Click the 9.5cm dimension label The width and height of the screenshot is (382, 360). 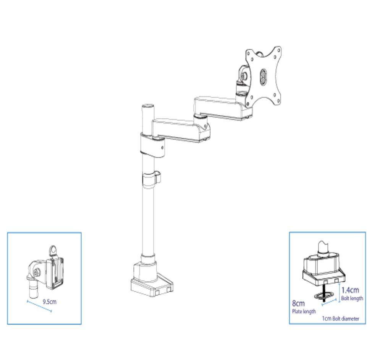tap(49, 302)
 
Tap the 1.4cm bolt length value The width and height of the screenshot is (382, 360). tap(350, 290)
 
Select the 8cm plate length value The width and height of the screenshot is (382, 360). tap(298, 303)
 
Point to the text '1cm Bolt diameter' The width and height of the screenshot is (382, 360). tap(341, 318)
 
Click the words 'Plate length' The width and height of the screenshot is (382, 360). tap(304, 311)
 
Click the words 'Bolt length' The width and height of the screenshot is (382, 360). tap(352, 298)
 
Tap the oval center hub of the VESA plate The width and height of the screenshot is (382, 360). tap(263, 76)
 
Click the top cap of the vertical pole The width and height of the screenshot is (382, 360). tap(148, 106)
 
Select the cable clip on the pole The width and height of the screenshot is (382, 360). tap(151, 180)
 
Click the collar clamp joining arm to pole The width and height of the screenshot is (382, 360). tap(152, 145)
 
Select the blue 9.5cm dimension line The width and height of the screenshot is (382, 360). tap(39, 306)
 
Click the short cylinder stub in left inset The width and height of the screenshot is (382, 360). tap(34, 289)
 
